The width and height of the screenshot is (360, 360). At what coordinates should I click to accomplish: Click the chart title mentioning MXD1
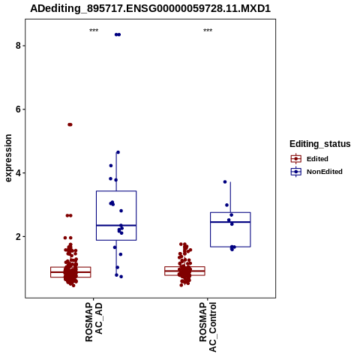pyautogui.click(x=150, y=9)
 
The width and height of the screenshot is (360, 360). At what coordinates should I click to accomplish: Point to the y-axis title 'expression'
pyautogui.click(x=8, y=158)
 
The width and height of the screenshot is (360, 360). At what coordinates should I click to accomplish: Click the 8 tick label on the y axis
pyautogui.click(x=18, y=46)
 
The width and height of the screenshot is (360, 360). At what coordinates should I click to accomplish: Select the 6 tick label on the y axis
pyautogui.click(x=18, y=109)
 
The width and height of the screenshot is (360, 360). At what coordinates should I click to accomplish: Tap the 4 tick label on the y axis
pyautogui.click(x=18, y=173)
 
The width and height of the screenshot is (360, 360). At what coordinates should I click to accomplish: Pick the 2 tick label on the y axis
pyautogui.click(x=18, y=237)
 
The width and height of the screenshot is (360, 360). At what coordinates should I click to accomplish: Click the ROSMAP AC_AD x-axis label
pyautogui.click(x=94, y=322)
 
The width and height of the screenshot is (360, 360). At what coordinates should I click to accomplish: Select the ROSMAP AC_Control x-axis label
pyautogui.click(x=208, y=327)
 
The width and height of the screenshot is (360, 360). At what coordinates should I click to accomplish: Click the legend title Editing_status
pyautogui.click(x=320, y=144)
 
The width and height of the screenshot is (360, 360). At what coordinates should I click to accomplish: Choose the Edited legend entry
pyautogui.click(x=310, y=159)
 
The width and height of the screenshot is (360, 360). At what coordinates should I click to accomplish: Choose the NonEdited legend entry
pyautogui.click(x=316, y=172)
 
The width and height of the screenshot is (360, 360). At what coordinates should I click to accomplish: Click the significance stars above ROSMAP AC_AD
pyautogui.click(x=94, y=30)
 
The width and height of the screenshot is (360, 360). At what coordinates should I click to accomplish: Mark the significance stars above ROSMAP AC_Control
pyautogui.click(x=208, y=30)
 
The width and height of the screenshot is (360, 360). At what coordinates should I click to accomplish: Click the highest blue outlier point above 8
pyautogui.click(x=118, y=34)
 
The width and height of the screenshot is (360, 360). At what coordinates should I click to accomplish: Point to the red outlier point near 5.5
pyautogui.click(x=70, y=124)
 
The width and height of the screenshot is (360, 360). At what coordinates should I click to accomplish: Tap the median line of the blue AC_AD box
pyautogui.click(x=116, y=226)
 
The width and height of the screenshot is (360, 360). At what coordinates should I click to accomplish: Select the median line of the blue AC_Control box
pyautogui.click(x=230, y=222)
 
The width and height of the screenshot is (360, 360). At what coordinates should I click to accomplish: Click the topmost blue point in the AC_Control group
pyautogui.click(x=225, y=181)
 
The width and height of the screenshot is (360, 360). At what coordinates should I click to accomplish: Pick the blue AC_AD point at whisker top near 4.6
pyautogui.click(x=118, y=152)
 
